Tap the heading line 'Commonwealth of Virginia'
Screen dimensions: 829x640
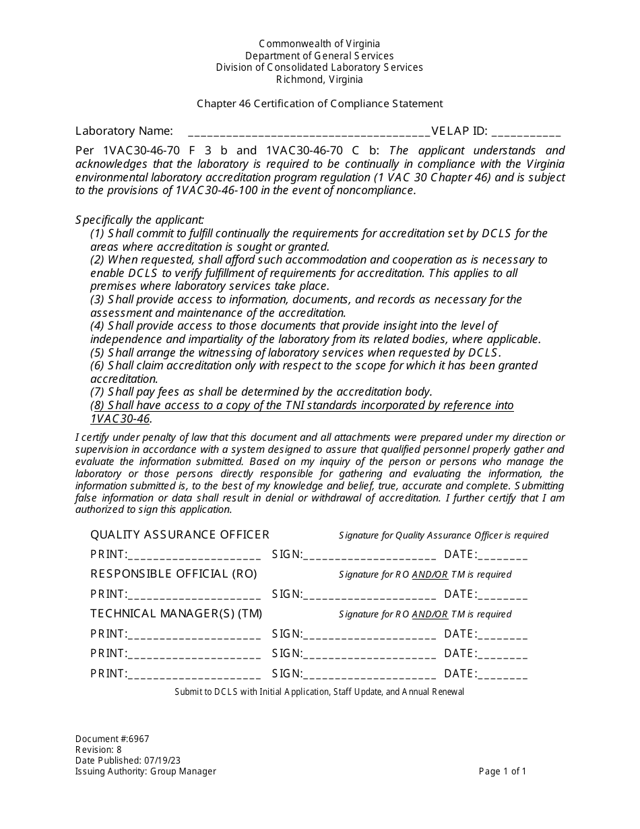point(319,44)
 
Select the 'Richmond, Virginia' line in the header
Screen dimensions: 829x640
point(319,80)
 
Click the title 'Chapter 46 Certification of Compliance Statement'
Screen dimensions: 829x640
point(319,104)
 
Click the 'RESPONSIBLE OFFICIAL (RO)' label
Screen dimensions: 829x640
point(174,574)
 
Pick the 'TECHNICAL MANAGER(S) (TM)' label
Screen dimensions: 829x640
point(177,613)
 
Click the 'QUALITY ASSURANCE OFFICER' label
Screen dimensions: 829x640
point(180,535)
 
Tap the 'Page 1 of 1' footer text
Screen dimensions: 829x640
point(502,772)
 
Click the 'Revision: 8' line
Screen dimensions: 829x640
point(98,750)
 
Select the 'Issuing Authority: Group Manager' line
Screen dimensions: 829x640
point(146,772)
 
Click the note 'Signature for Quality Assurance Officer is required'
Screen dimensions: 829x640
point(443,536)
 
